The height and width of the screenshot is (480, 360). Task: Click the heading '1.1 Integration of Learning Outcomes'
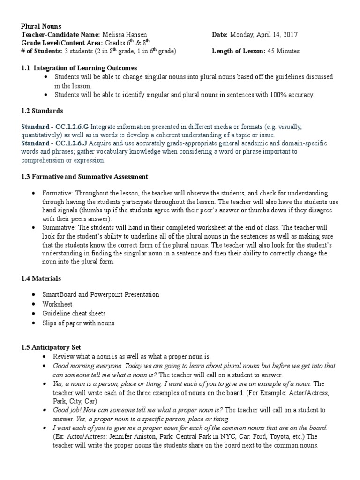(79, 68)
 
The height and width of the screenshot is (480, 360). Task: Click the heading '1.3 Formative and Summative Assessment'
(85, 176)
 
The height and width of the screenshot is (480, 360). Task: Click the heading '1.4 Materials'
(41, 278)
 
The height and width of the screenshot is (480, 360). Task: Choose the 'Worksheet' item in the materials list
(69, 304)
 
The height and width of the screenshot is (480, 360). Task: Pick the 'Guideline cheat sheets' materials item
(80, 313)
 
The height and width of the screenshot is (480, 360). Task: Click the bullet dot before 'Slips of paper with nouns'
(45, 323)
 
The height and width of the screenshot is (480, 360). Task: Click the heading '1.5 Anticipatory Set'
(51, 347)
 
